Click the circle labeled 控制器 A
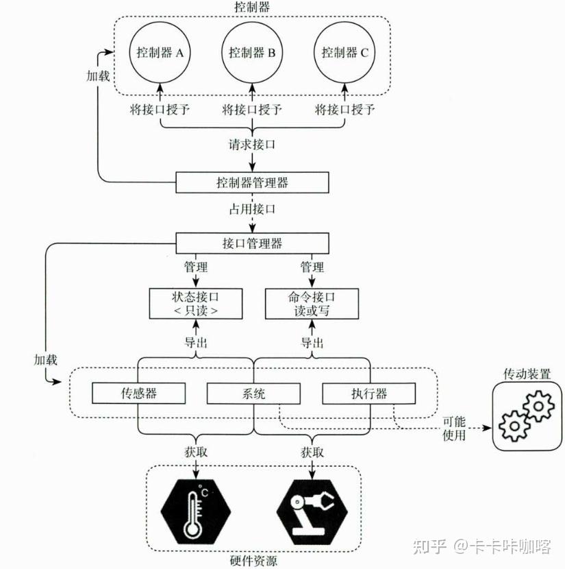pos(160,53)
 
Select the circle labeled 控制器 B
pos(252,53)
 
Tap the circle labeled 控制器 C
pos(344,53)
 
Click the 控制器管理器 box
pos(252,183)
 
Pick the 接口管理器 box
pos(252,243)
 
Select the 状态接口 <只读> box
pos(197,304)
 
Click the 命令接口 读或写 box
pos(312,304)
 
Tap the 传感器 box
pos(139,394)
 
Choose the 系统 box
pos(253,394)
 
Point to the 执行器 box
pos(368,394)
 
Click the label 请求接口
pos(252,145)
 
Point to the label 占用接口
pos(252,209)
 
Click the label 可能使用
pos(454,428)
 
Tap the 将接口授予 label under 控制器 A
pos(159,110)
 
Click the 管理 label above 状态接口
pos(196,267)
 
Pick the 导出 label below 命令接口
pos(312,342)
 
